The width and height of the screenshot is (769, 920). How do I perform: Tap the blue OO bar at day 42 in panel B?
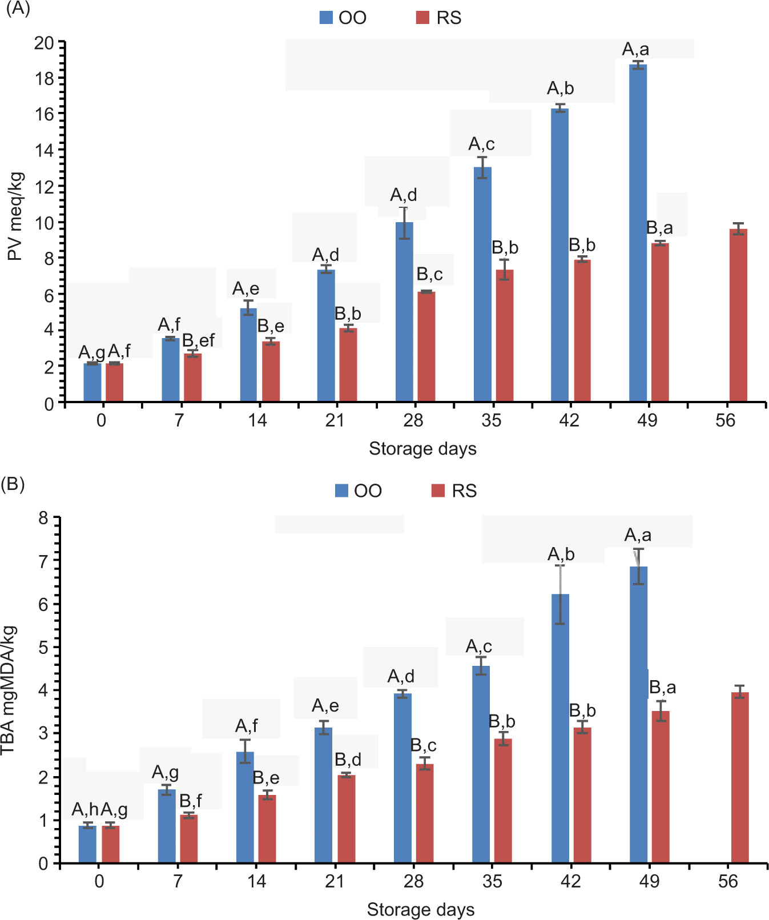(x=560, y=728)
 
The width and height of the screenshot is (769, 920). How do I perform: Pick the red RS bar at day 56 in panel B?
(x=740, y=777)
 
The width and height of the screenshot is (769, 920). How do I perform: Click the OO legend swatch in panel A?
(x=326, y=18)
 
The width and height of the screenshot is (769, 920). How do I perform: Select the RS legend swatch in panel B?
(x=438, y=491)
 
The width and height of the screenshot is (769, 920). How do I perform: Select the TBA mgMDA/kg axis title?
(x=8, y=690)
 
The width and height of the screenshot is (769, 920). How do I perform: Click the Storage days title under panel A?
(x=422, y=449)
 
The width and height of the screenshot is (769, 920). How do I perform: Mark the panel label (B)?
(x=13, y=484)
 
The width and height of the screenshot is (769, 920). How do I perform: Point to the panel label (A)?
(x=17, y=9)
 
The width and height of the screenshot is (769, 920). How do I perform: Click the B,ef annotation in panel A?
(x=198, y=340)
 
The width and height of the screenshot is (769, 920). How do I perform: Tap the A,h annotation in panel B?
(x=85, y=809)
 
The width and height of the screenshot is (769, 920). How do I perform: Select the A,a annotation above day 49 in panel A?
(x=635, y=50)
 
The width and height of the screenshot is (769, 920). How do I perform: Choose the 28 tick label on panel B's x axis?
(x=413, y=881)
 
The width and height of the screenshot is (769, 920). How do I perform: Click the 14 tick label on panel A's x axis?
(x=257, y=421)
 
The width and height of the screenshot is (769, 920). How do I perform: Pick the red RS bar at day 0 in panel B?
(x=111, y=844)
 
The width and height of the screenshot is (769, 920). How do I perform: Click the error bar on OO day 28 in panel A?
(x=404, y=223)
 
